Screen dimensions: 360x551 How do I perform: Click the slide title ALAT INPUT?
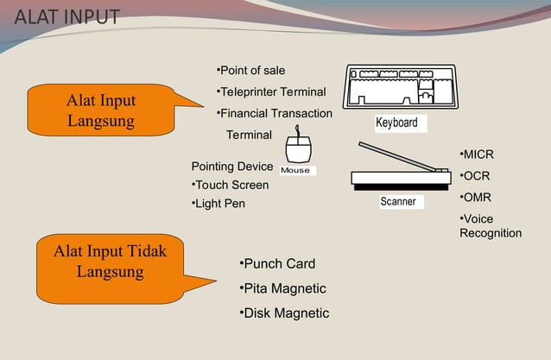(x=68, y=18)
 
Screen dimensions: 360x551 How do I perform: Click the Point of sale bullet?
(x=250, y=70)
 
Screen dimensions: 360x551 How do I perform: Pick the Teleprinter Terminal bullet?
(x=270, y=92)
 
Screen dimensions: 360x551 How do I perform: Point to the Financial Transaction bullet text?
(x=274, y=113)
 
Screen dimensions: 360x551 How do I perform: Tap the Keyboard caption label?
(x=396, y=123)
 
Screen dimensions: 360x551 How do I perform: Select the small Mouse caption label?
(x=295, y=170)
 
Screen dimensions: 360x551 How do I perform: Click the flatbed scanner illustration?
(x=401, y=173)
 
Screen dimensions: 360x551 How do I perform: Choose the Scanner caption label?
(x=398, y=202)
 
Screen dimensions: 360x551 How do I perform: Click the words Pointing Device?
(x=231, y=167)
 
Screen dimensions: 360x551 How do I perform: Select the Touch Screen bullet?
(x=230, y=185)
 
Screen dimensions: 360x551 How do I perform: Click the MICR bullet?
(x=477, y=155)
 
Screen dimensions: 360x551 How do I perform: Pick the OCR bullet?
(x=475, y=176)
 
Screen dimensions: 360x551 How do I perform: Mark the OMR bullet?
(x=475, y=198)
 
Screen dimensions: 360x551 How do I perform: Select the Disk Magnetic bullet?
(x=283, y=313)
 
